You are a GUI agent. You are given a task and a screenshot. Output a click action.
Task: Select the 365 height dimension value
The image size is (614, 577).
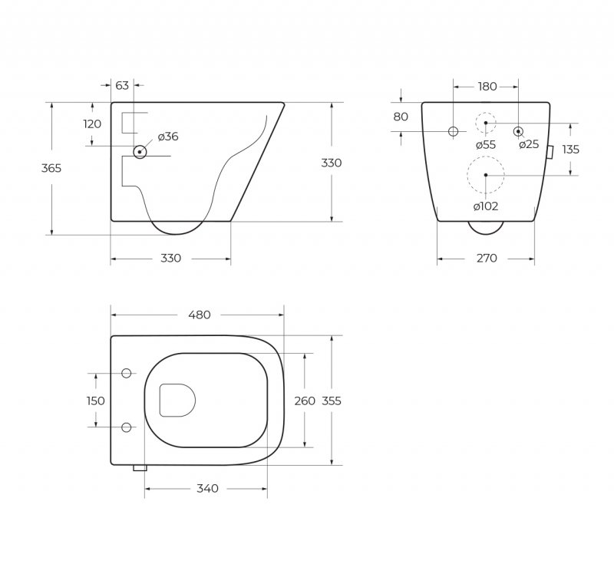(x=51, y=168)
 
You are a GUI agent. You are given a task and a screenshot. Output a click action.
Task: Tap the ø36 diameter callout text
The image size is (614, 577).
(x=168, y=137)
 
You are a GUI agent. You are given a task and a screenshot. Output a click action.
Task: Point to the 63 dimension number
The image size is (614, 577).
(x=122, y=86)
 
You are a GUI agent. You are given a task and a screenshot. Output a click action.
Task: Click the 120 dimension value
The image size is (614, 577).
(x=92, y=124)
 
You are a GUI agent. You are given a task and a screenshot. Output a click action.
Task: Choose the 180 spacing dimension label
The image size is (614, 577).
(x=487, y=87)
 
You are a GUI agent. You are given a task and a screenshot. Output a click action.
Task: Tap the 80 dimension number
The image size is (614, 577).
(x=401, y=117)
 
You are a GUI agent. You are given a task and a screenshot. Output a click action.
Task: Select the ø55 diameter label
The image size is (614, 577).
(x=485, y=144)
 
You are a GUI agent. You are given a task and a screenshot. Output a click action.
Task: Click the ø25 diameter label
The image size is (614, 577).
(x=528, y=144)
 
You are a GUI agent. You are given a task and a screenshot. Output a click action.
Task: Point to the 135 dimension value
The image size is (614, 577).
(x=570, y=150)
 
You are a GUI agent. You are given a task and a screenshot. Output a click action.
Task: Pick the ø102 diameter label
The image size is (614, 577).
(x=485, y=206)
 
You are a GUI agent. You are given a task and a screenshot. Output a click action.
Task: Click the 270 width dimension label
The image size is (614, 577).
(x=487, y=258)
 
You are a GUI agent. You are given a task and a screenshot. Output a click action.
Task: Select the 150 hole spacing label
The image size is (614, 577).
(x=95, y=401)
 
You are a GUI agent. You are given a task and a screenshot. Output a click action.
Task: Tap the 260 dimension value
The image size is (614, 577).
(x=305, y=401)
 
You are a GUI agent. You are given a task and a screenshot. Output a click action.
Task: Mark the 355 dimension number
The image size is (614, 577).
(x=332, y=401)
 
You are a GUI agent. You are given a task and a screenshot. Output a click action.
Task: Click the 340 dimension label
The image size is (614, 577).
(x=207, y=489)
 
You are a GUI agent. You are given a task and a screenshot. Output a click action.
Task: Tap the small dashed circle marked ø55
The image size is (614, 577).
(x=486, y=123)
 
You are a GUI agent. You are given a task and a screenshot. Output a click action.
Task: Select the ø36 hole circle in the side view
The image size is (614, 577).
(x=139, y=152)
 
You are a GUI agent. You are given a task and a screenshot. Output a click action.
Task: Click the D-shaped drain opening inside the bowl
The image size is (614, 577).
(x=176, y=400)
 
